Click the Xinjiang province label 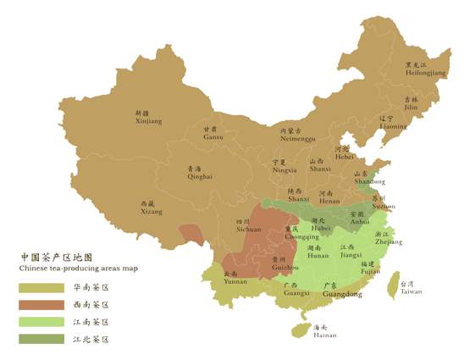(x=148, y=118)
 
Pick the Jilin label (x=409, y=104)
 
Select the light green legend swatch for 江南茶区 (x=41, y=322)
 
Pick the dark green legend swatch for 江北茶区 (x=41, y=339)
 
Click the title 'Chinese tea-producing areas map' (x=78, y=268)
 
